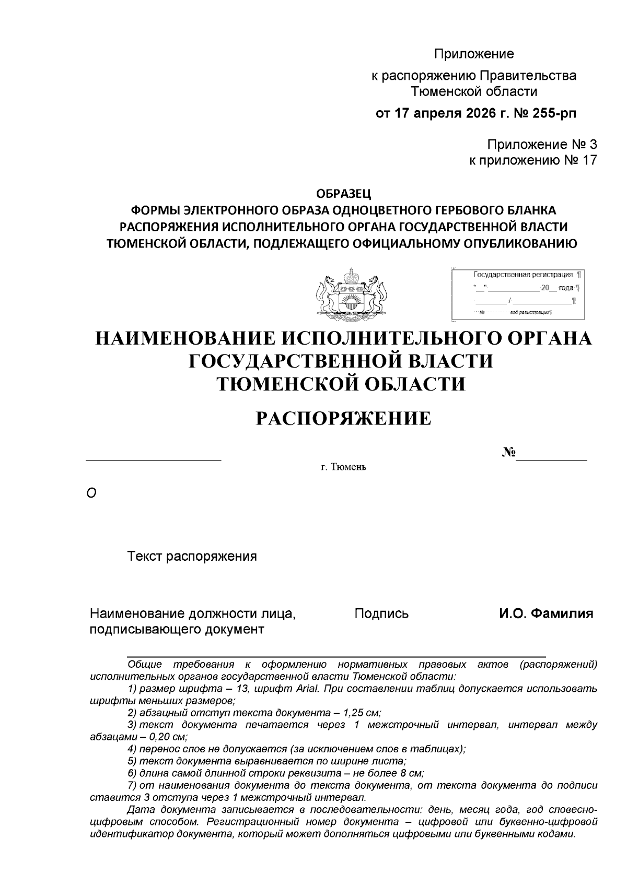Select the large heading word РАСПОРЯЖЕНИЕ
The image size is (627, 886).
click(343, 419)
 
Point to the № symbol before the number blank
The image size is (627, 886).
click(508, 452)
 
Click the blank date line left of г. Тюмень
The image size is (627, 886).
click(154, 459)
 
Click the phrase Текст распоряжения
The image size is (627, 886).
click(192, 556)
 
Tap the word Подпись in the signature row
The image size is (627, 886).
click(381, 613)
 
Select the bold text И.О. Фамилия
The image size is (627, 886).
click(545, 613)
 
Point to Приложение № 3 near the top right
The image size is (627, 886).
click(541, 144)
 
